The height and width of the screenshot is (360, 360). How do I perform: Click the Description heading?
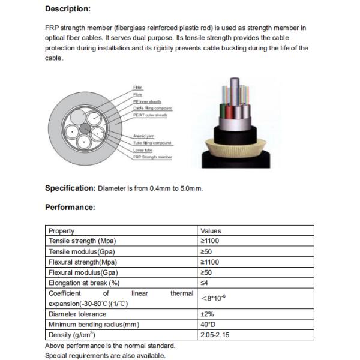point(68,9)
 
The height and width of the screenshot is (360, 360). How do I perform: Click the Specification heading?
point(70,188)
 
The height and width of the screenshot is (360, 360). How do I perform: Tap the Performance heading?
point(70,208)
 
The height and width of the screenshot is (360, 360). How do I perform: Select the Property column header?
point(62,231)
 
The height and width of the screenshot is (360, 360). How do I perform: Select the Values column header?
point(211,231)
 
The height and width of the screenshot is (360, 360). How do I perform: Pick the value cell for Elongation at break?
point(205,283)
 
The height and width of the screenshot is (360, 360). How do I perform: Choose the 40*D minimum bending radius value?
point(208,325)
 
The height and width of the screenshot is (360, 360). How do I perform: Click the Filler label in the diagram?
point(137,88)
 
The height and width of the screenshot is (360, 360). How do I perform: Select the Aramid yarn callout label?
point(143,136)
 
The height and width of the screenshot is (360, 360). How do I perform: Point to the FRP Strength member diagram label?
point(152,157)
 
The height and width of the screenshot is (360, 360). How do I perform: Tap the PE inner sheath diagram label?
point(146,101)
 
